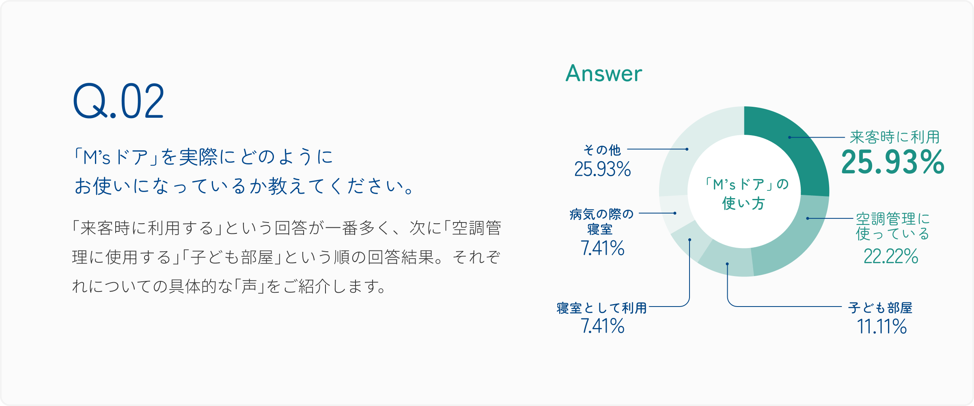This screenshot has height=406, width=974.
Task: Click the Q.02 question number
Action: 119,101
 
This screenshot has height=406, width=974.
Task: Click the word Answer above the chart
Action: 604,73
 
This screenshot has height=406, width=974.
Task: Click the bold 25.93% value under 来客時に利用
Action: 893,162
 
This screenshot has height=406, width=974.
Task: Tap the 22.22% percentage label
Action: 891,256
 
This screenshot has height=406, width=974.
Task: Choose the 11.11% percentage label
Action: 882,326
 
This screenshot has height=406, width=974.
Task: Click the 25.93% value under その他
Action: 603,169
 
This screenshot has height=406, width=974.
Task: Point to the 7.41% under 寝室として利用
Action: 603,326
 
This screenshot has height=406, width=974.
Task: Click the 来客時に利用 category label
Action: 895,137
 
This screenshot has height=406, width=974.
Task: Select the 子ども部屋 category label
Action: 880,308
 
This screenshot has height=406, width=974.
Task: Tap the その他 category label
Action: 602,150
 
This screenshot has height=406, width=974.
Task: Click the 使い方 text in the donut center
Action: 743,203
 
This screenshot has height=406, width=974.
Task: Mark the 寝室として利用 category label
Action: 602,308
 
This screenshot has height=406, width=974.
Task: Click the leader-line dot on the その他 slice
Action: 687,149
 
